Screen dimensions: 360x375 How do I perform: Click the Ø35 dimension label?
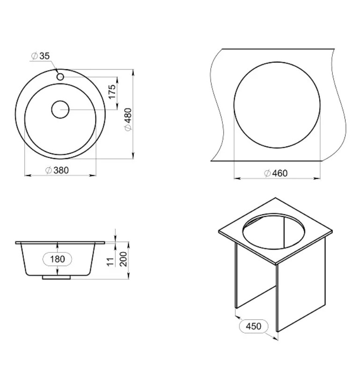40,56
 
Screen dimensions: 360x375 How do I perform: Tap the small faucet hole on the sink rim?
60,77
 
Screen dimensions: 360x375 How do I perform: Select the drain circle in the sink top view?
60,109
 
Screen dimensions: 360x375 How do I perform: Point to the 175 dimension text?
112,91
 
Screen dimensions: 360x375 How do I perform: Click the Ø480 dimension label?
128,119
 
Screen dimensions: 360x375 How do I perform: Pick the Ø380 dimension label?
57,170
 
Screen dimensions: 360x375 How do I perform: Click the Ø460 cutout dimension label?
276,173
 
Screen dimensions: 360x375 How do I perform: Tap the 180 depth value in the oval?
57,259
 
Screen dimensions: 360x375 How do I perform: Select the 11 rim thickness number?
110,262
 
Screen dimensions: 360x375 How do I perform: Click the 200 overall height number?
123,259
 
